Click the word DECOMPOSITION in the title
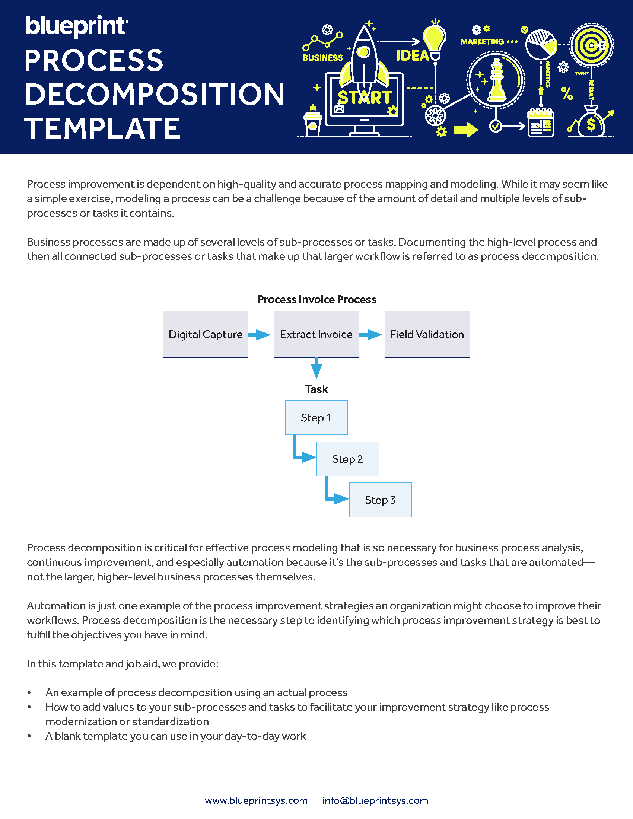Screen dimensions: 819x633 (x=155, y=94)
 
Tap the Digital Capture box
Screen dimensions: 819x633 (x=206, y=334)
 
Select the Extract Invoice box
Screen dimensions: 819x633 (x=316, y=334)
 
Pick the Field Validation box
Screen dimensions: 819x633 (x=427, y=334)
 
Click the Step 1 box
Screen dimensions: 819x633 (x=316, y=417)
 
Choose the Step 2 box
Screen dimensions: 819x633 (x=347, y=459)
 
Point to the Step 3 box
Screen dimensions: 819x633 (x=380, y=500)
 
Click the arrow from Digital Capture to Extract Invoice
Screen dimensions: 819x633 (x=260, y=335)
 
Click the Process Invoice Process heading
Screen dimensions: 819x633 (x=316, y=299)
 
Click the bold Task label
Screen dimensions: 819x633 (x=316, y=389)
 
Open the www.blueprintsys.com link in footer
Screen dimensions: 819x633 (x=256, y=800)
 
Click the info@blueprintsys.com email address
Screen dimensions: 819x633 (x=375, y=800)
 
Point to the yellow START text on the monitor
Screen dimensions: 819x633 (x=365, y=98)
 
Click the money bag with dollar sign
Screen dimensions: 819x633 (x=591, y=122)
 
